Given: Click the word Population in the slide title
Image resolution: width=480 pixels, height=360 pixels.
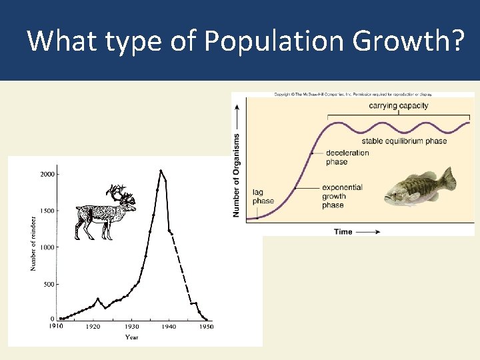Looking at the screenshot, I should click(x=274, y=41).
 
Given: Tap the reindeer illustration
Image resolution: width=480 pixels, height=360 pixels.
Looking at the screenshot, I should click(x=107, y=212).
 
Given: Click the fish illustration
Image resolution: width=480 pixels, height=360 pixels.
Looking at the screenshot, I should click(x=421, y=187).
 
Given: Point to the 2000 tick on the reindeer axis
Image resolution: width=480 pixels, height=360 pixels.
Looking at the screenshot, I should click(x=47, y=174).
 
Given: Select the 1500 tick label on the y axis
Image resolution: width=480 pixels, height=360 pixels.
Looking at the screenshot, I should click(x=47, y=211).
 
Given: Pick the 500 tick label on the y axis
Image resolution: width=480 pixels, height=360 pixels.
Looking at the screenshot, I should click(x=49, y=284).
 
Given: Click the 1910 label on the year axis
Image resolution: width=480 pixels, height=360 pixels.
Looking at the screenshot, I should click(x=57, y=327).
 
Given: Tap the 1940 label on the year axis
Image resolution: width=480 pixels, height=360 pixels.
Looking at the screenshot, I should click(x=169, y=327).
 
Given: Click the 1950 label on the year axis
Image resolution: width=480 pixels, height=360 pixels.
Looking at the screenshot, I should click(x=207, y=327).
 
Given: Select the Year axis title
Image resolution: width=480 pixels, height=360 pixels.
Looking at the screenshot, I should click(x=132, y=337).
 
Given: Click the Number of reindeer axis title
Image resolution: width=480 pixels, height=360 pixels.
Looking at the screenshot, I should click(x=33, y=243).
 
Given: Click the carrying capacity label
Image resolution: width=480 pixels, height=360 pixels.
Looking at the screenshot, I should click(x=399, y=105).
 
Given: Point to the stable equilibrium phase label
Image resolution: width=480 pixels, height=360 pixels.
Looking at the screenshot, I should click(x=404, y=141).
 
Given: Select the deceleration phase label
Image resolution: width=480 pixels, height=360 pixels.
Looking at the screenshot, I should click(x=347, y=157).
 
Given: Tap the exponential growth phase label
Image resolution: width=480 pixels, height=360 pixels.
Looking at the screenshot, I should click(x=341, y=196).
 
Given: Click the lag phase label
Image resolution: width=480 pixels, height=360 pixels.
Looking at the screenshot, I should click(x=263, y=197).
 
